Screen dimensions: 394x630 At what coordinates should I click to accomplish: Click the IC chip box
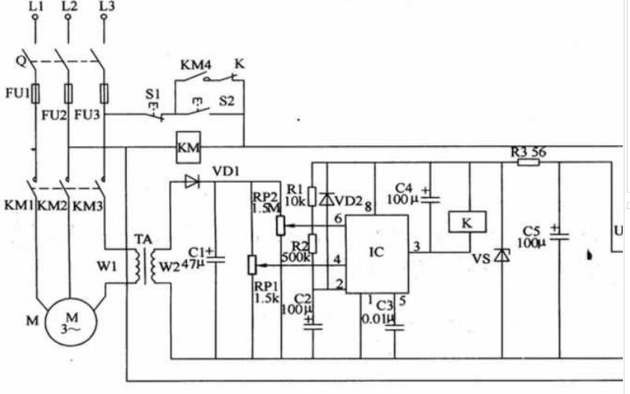[x=377, y=252]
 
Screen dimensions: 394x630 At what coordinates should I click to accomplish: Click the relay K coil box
[x=466, y=223]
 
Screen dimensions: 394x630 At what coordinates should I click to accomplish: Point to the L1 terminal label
[x=35, y=9]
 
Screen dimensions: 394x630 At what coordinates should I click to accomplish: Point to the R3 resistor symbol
[x=528, y=162]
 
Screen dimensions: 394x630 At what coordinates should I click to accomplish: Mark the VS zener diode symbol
[x=501, y=256]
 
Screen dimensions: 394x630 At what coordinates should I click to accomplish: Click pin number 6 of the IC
[x=337, y=218]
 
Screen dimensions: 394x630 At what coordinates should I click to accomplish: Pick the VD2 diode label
[x=351, y=201]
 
